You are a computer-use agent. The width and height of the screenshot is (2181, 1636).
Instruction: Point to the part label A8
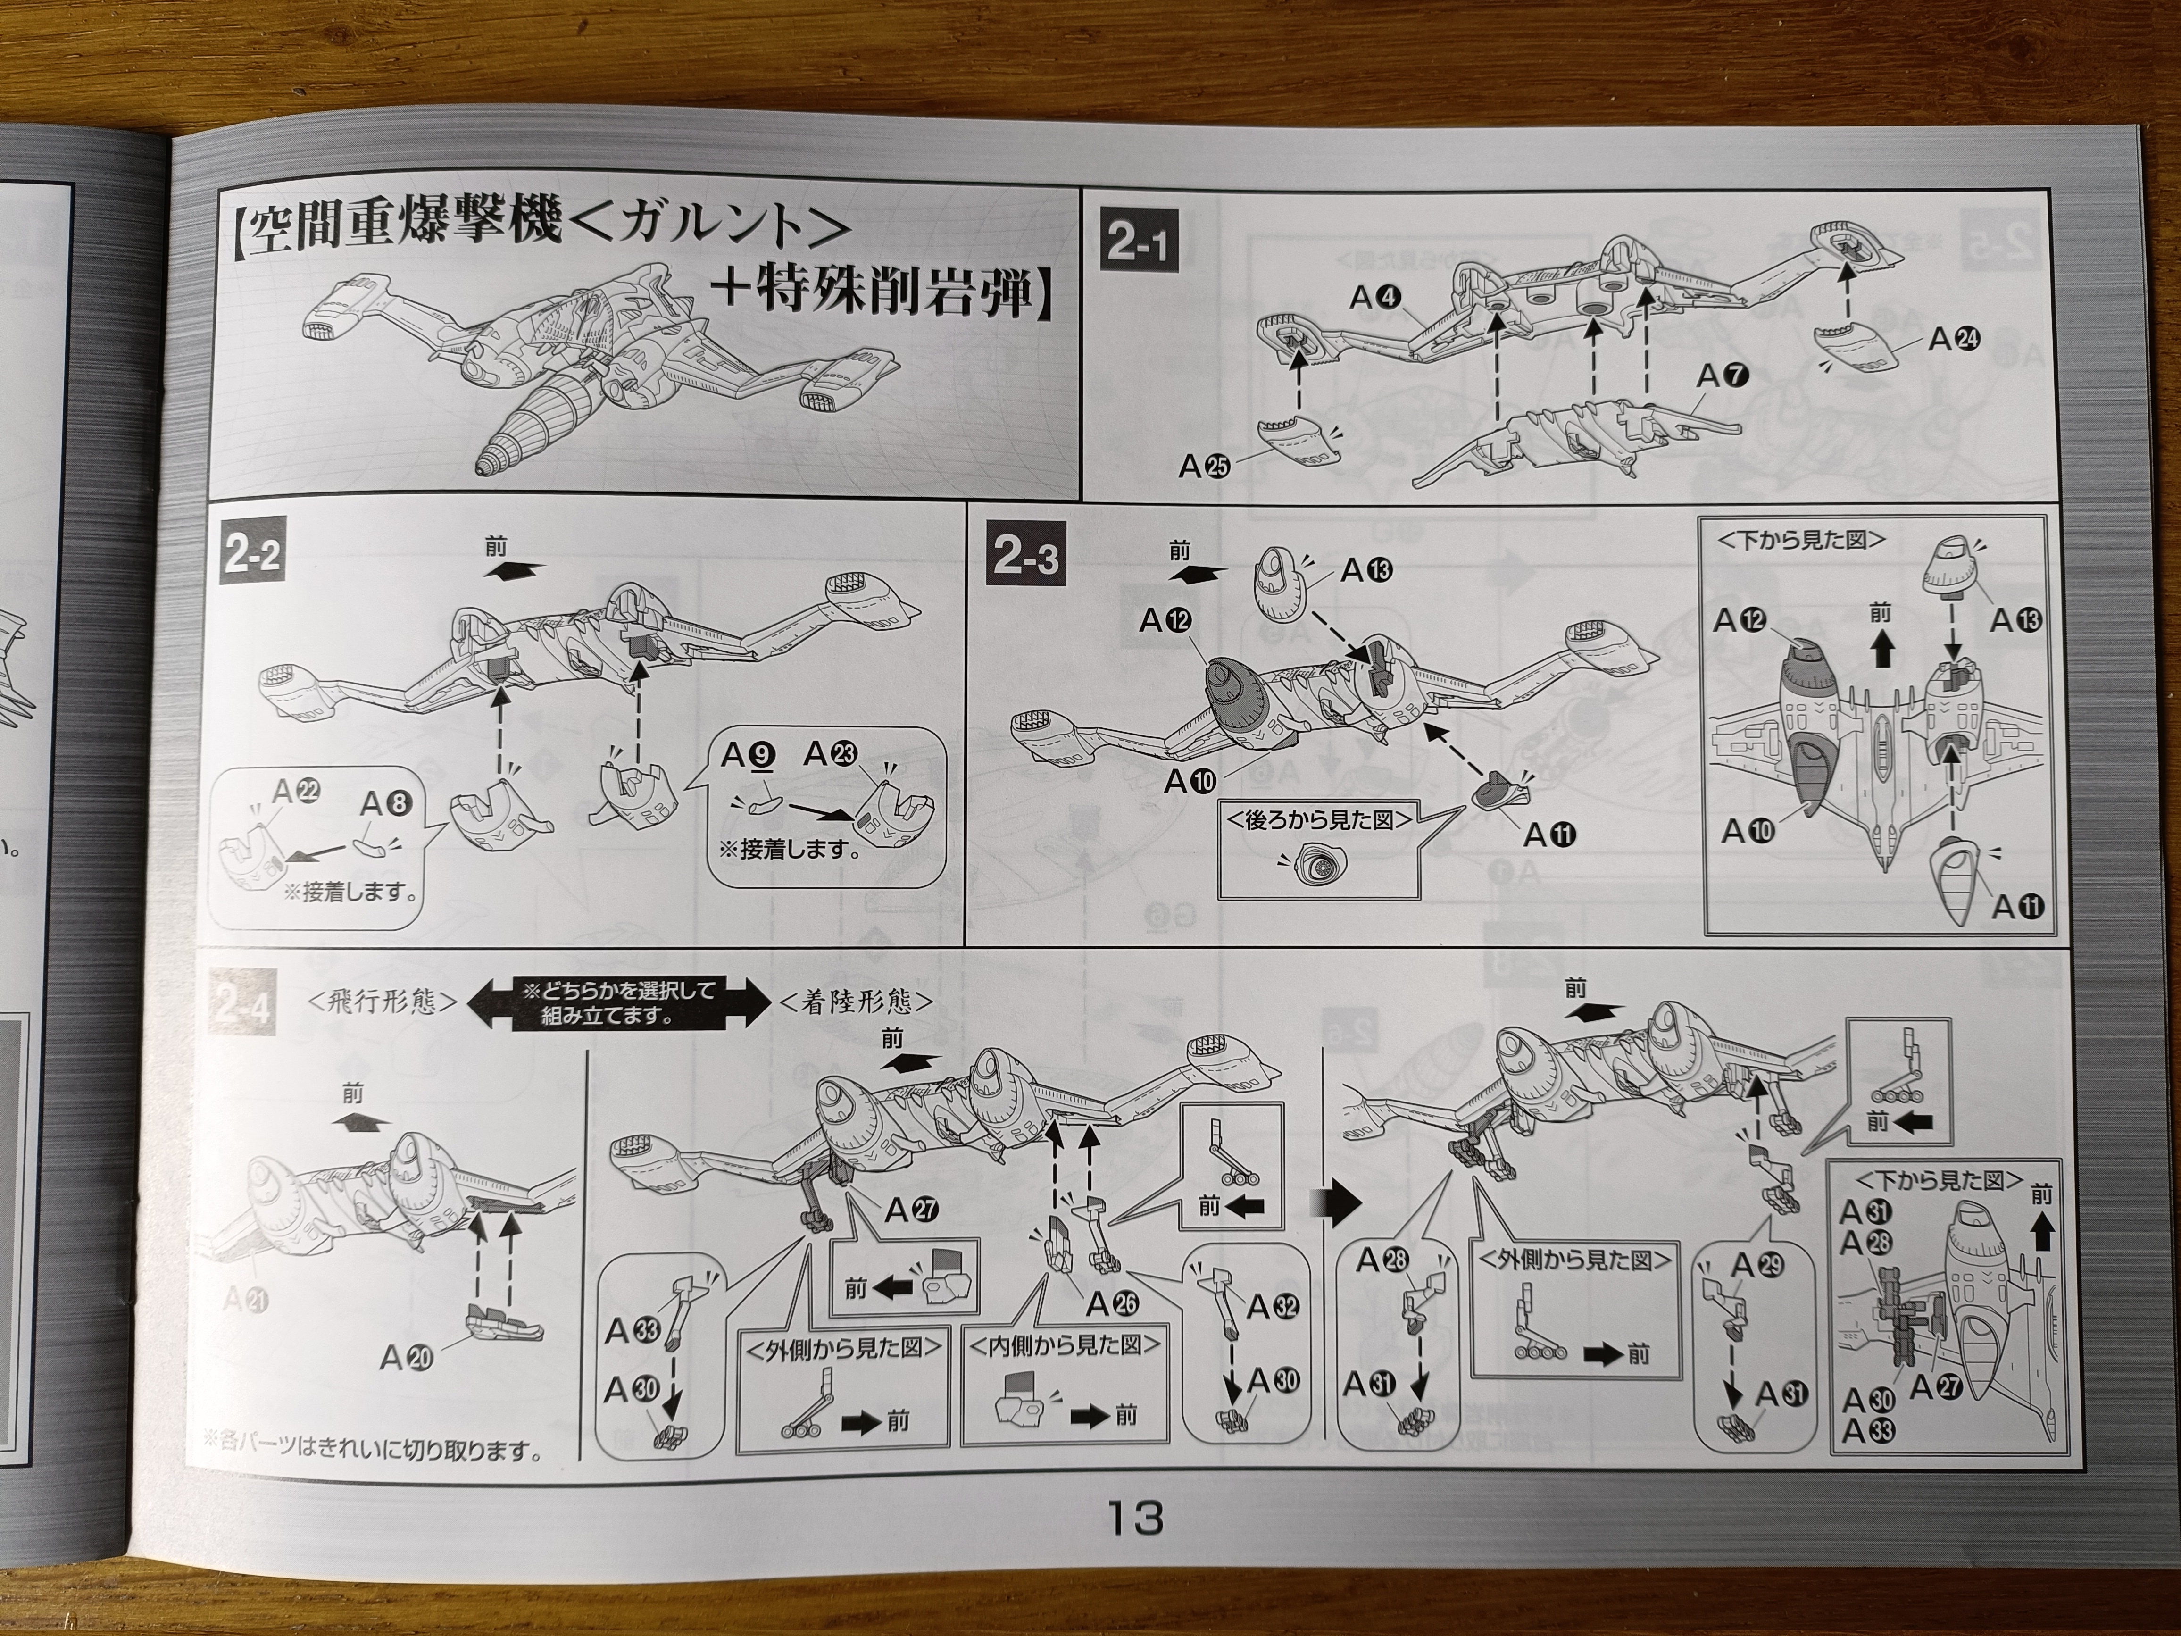tap(385, 805)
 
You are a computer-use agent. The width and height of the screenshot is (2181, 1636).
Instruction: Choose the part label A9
tap(749, 755)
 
